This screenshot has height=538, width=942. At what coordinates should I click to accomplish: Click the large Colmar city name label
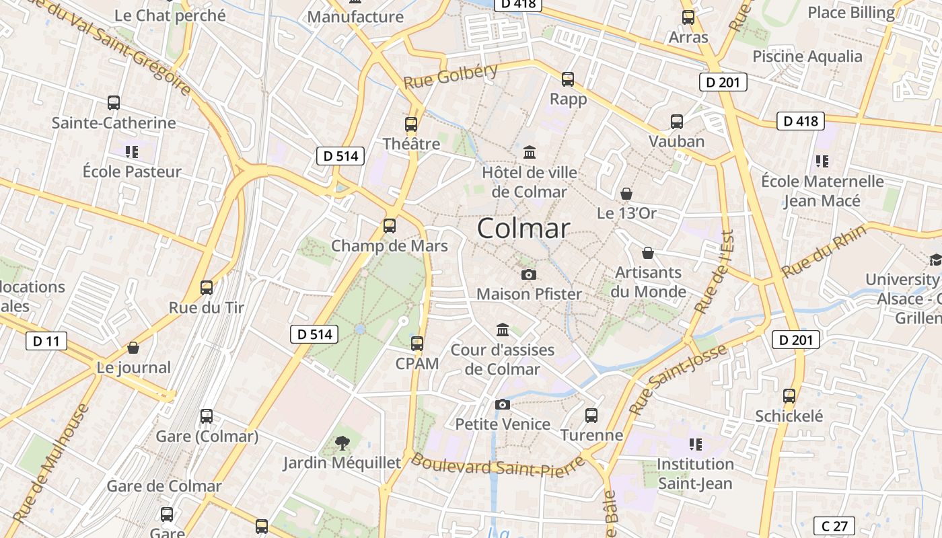tap(523, 229)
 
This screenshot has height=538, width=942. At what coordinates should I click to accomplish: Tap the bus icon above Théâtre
tap(411, 124)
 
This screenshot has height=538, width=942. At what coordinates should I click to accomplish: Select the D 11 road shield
tap(46, 341)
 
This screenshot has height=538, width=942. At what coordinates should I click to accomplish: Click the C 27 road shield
tap(834, 525)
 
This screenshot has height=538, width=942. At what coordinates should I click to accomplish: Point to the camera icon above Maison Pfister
tap(529, 274)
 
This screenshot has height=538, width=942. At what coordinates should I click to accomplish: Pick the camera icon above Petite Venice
tap(502, 404)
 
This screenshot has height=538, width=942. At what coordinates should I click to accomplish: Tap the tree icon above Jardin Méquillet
tap(342, 443)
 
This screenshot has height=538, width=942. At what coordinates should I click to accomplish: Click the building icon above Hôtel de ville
tap(530, 153)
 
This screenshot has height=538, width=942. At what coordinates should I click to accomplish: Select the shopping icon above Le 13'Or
tap(626, 194)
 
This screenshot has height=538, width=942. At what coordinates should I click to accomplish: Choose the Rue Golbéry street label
tap(451, 77)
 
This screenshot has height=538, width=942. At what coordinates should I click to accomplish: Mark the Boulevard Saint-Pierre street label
tap(498, 465)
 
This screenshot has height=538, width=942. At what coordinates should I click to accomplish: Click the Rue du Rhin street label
tap(824, 252)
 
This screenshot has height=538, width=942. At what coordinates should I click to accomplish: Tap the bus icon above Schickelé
tap(789, 396)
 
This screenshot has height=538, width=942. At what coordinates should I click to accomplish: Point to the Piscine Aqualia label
tap(807, 56)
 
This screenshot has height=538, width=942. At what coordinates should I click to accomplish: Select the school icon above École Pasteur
tap(132, 152)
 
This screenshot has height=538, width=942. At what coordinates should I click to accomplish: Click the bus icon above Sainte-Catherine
tap(114, 103)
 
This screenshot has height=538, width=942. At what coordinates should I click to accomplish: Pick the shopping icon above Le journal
tap(133, 348)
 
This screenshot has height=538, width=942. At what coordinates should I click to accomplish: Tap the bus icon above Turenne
tap(591, 416)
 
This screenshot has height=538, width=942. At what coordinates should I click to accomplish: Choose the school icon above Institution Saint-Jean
tap(696, 444)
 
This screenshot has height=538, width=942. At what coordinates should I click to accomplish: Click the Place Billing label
tap(851, 13)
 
